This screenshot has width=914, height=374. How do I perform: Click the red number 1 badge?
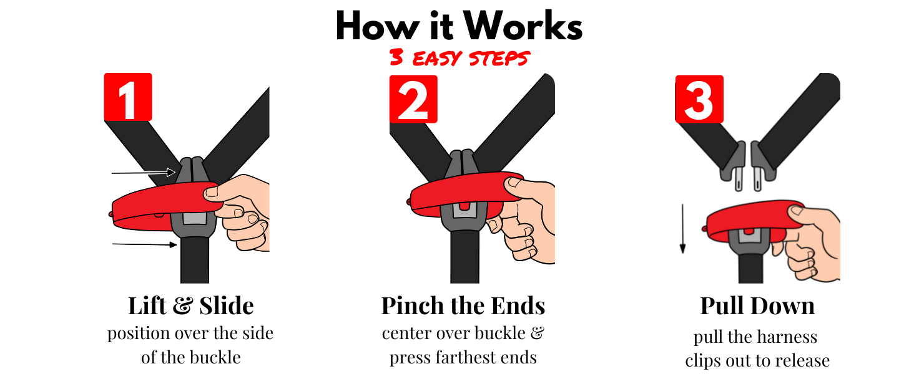pos(128,97)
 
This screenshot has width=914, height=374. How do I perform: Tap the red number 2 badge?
pos(413,99)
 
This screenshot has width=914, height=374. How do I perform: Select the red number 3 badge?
pos(699,99)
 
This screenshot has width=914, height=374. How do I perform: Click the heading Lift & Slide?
pos(190,305)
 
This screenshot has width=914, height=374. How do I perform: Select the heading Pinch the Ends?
pos(463,305)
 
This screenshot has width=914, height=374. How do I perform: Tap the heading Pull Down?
pos(757,305)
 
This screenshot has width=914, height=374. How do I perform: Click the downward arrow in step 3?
pos(682,229)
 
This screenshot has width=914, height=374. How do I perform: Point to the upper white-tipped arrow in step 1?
pos(144,172)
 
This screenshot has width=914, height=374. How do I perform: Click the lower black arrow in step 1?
pos(144,244)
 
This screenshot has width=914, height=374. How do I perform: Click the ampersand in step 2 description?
pos(538,333)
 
